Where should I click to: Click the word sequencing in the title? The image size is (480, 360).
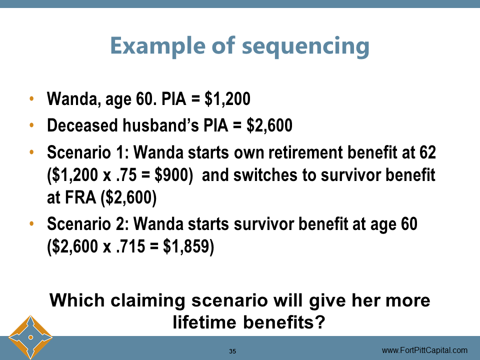coord(305,46)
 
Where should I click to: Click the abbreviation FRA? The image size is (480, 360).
coord(80,198)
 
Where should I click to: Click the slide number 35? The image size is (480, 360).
coord(232,351)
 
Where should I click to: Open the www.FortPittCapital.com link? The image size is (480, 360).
coord(424,350)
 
